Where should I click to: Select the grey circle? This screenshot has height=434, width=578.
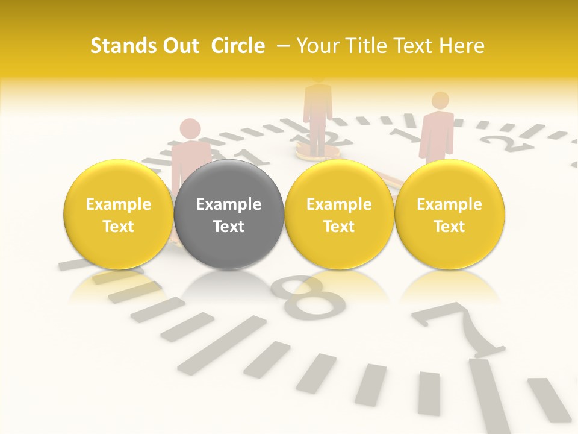229,215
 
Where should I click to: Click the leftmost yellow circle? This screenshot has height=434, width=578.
119,215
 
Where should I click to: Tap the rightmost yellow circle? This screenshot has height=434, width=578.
450,215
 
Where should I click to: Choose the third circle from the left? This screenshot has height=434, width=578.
339,215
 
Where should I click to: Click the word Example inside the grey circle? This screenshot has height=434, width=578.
229,204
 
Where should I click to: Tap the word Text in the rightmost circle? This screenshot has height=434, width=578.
450,227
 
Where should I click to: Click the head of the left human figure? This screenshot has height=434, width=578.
190,128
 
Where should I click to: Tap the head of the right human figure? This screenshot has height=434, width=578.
441,100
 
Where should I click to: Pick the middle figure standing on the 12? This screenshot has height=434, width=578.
318,112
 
